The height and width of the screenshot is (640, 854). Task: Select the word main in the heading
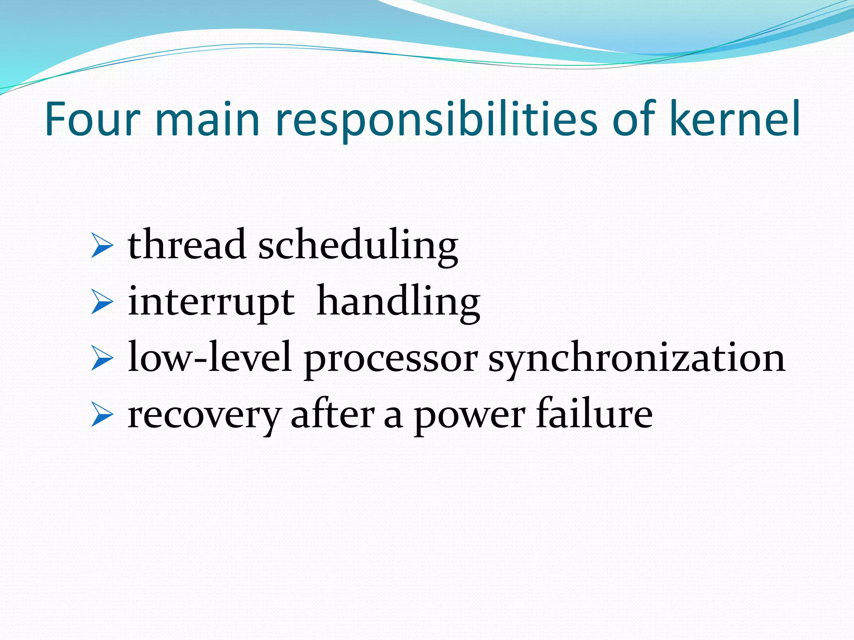[x=207, y=120]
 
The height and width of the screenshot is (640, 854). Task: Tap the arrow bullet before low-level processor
[x=102, y=359]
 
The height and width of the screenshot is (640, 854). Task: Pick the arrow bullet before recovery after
[x=102, y=415]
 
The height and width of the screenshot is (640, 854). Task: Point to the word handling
[x=398, y=302]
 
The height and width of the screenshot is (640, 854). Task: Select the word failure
[x=594, y=414]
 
